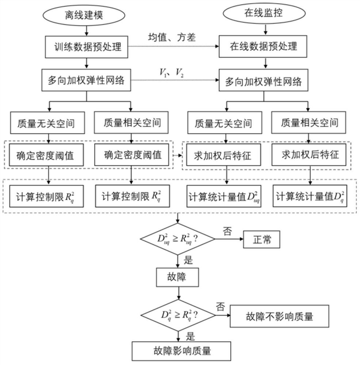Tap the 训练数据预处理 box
[x=86, y=47]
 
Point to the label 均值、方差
[x=172, y=38]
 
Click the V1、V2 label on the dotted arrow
[x=172, y=72]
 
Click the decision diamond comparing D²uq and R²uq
[x=178, y=240]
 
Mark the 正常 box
[x=261, y=240]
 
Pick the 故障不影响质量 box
[x=279, y=316]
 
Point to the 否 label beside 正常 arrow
[x=227, y=231]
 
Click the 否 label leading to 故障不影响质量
[x=221, y=306]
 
